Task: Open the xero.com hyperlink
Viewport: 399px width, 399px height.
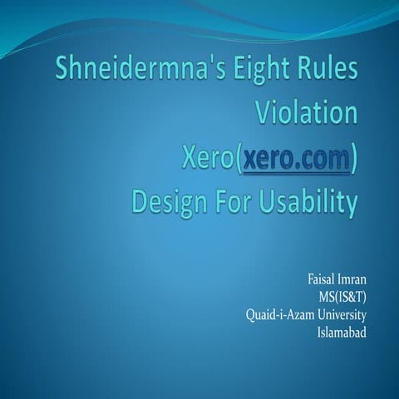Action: pos(294,157)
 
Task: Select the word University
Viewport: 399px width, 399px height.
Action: pos(341,316)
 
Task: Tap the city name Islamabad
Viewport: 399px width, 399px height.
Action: pos(341,332)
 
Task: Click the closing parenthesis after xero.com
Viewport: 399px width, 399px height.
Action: pos(354,158)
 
